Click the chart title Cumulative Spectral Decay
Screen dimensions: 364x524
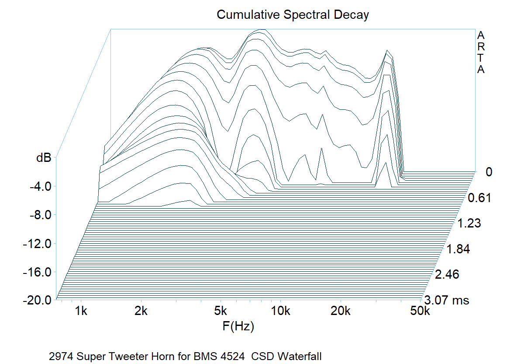(293, 15)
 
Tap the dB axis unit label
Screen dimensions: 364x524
(44, 158)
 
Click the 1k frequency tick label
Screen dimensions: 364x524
(81, 311)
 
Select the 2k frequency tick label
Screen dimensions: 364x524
(141, 311)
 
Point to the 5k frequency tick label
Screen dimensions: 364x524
(221, 311)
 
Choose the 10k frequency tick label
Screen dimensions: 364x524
(281, 311)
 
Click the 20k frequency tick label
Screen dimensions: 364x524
(341, 311)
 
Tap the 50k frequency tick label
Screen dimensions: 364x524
(420, 311)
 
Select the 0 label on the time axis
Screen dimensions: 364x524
(489, 172)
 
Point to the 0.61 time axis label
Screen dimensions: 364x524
(479, 198)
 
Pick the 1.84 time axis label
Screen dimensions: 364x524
(458, 249)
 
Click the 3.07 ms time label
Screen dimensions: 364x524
(446, 301)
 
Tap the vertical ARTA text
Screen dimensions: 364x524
(481, 52)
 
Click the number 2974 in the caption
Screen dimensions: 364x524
(60, 356)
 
